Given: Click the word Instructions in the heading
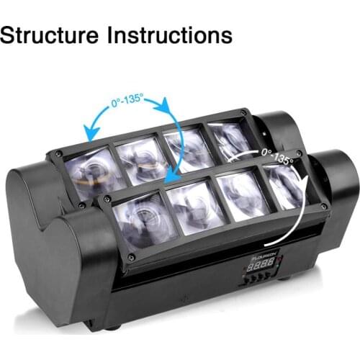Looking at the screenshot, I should (172, 34).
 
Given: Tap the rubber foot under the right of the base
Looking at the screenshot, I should (282, 277).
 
